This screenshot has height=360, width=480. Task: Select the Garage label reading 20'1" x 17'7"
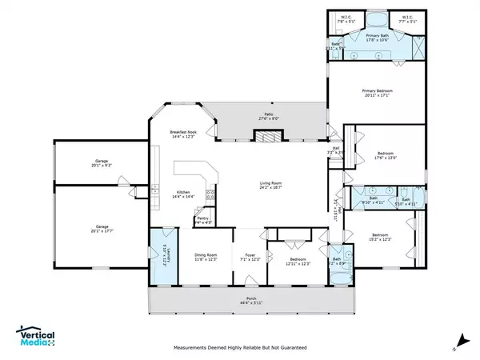[x=101, y=228]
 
